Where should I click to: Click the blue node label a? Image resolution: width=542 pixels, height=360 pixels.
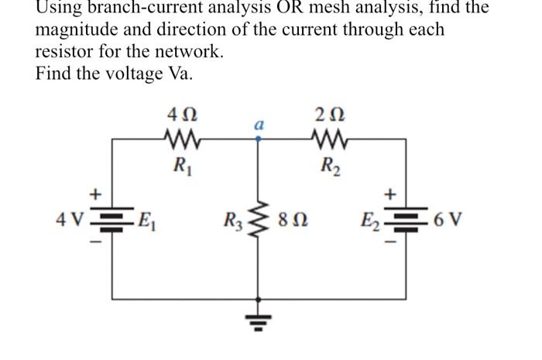259,124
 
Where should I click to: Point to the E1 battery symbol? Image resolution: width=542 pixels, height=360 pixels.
115,217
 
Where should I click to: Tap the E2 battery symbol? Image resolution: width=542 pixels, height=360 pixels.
407,217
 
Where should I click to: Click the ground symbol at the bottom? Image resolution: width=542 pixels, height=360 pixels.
259,319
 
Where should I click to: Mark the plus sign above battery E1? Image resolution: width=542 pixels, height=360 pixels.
98,191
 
